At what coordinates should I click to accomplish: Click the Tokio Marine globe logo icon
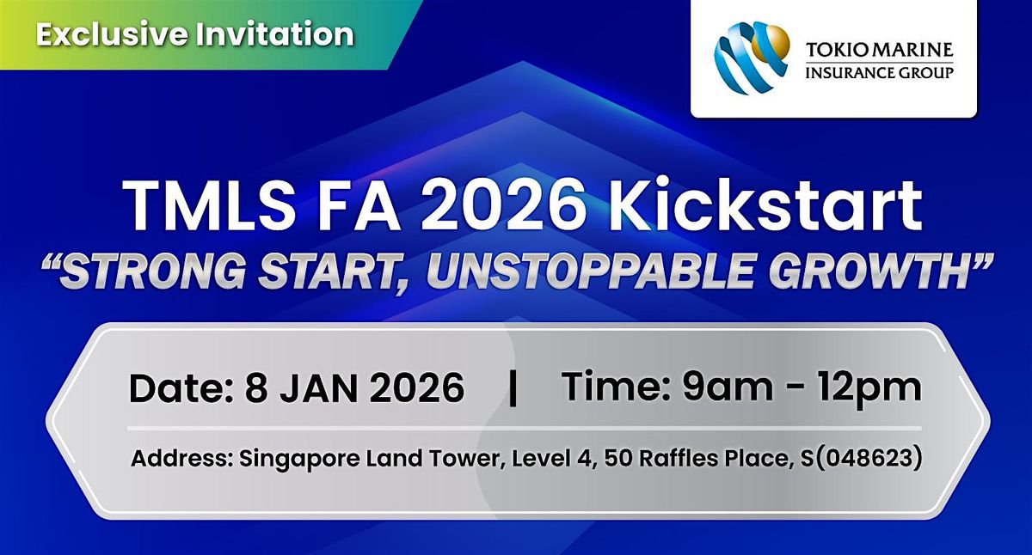point(751,58)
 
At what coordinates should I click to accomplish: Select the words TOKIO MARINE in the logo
point(880,50)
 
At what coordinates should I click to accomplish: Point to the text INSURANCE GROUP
point(880,72)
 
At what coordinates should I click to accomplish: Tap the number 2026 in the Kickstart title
point(500,205)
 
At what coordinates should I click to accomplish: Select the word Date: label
point(181,387)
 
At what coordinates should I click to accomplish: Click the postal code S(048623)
point(861,459)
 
